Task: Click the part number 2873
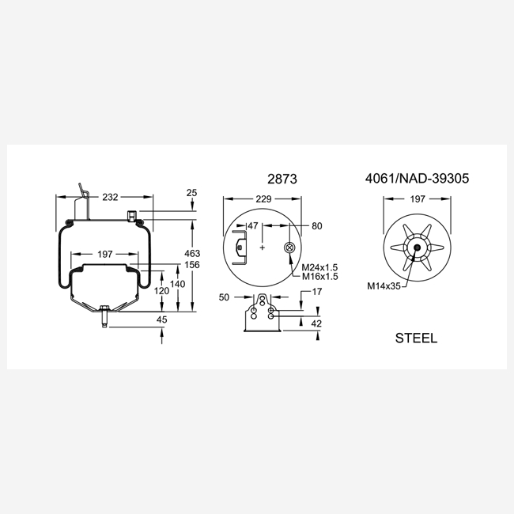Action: (282, 179)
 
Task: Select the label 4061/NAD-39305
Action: (417, 179)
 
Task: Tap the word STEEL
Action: (416, 338)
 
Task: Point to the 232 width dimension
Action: (110, 197)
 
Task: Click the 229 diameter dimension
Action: (263, 199)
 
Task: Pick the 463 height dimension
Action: (192, 253)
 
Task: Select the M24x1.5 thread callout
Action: (319, 267)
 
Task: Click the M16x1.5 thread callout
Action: (319, 276)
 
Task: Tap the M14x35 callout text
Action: (384, 286)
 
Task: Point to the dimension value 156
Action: (192, 265)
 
